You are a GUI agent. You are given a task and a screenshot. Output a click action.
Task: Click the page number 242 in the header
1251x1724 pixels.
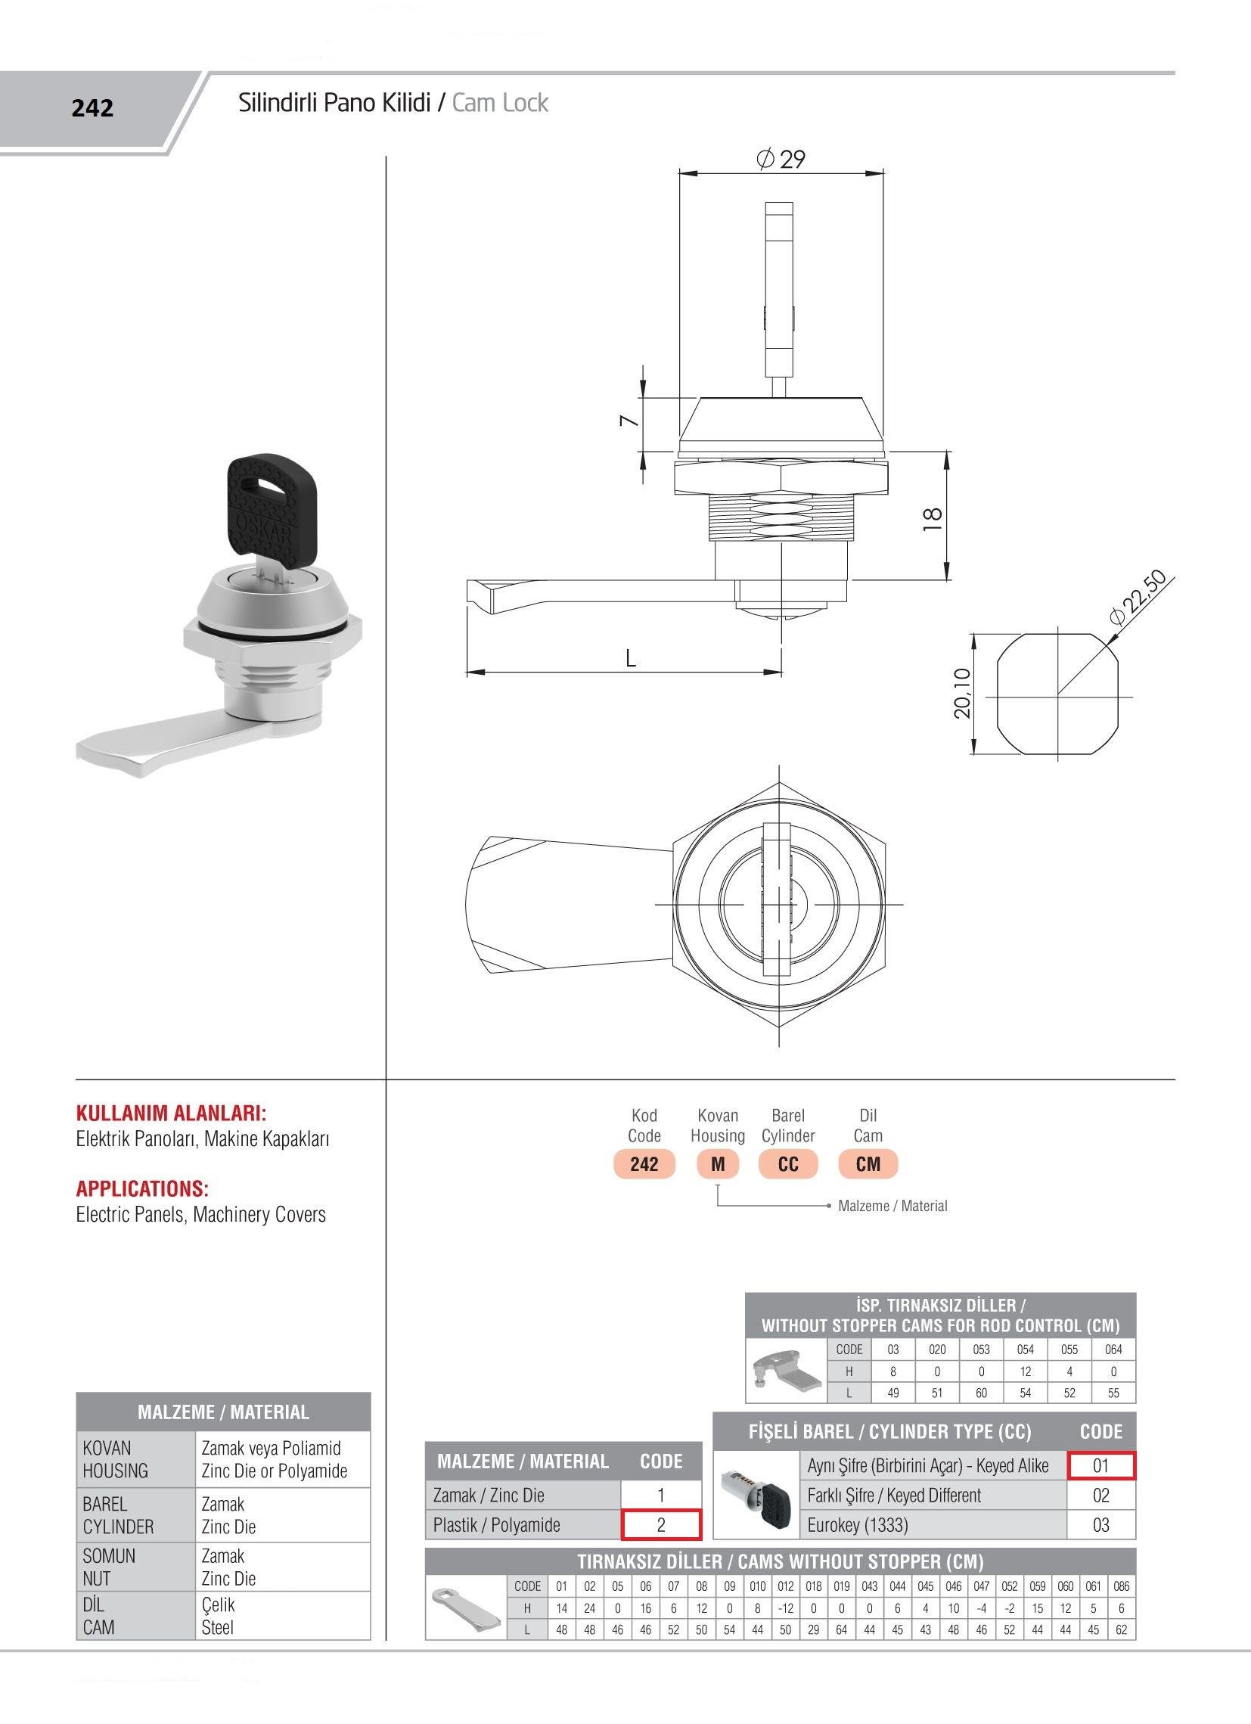pos(93,109)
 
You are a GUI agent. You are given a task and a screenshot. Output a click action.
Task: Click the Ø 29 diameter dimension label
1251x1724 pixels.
pos(781,159)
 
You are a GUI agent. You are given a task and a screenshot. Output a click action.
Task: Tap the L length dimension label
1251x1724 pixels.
pos(630,658)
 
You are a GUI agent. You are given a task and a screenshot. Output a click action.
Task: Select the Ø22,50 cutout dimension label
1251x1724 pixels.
pos(1138,598)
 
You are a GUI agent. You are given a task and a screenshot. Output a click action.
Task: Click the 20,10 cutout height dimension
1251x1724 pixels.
pos(962,692)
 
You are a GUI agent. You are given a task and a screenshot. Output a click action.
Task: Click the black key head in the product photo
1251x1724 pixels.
pos(265,505)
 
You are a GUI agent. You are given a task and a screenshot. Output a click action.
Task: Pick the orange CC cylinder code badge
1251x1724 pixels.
pos(788,1163)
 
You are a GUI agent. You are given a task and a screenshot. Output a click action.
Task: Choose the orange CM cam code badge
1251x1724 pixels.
pos(868,1163)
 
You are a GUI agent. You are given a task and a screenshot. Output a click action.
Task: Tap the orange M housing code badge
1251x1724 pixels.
pos(718,1163)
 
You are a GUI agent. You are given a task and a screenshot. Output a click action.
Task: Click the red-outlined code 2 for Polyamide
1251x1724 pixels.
pos(660,1525)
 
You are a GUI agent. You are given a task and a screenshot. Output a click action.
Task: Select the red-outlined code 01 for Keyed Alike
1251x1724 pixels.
pos(1100,1465)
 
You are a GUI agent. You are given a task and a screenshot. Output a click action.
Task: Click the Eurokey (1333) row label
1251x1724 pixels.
pos(858,1525)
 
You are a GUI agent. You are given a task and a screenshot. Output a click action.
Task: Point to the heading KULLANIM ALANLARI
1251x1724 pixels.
pos(171,1114)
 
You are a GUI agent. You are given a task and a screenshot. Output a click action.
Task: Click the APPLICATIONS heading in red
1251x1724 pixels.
pos(142,1189)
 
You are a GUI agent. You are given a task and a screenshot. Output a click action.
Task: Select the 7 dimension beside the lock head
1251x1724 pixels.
pos(627,421)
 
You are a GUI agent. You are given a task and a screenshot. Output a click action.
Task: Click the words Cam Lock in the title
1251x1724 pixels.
pos(500,103)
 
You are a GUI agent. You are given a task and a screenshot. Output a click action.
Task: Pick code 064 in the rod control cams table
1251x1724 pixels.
pos(1113,1350)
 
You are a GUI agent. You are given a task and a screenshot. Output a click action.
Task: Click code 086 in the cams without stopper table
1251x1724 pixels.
pos(1121,1586)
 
